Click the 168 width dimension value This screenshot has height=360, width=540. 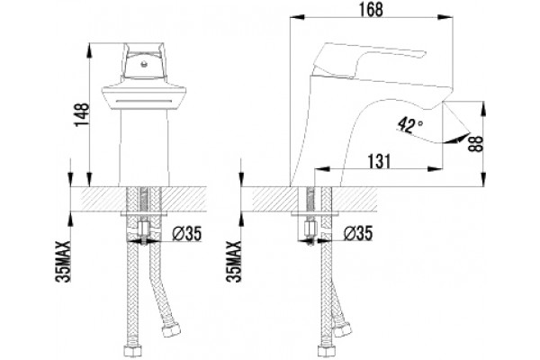point(371,10)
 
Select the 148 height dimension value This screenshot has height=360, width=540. point(82,114)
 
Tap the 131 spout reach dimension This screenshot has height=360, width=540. point(380,161)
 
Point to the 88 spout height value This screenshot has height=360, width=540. point(476,144)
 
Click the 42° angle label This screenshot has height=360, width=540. point(409,125)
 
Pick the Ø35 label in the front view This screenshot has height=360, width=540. point(186,234)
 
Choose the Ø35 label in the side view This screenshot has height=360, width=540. point(358,233)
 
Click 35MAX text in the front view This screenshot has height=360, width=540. point(63,262)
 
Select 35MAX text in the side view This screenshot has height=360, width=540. point(234,262)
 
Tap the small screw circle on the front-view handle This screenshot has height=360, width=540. point(144,64)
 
